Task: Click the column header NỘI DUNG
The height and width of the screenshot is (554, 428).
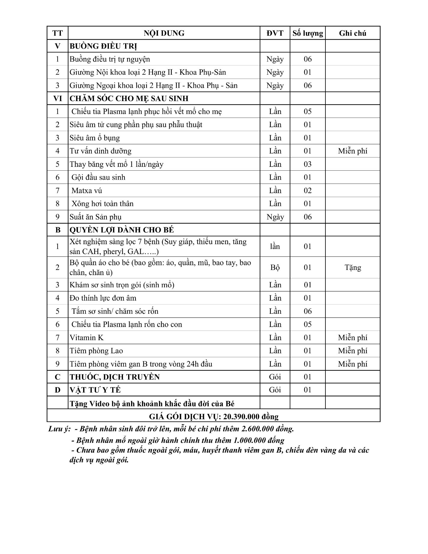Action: (x=164, y=33)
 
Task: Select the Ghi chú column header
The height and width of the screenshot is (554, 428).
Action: (x=352, y=33)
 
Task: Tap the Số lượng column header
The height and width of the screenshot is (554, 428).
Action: (x=308, y=33)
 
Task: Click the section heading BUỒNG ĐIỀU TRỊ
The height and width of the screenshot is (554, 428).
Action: (x=103, y=46)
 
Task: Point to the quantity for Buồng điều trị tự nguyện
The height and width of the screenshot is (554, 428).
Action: (x=308, y=59)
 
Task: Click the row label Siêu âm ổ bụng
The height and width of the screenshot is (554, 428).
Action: (x=94, y=138)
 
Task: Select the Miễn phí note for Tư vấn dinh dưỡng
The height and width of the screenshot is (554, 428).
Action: (x=352, y=151)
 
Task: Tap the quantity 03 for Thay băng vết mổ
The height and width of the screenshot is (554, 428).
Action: (x=308, y=164)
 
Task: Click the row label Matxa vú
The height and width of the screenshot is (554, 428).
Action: (x=87, y=190)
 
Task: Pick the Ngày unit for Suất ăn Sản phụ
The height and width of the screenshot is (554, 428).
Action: (x=275, y=217)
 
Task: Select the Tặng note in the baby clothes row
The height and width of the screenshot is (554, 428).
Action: (x=353, y=267)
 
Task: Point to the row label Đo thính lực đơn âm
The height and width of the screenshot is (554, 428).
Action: (x=103, y=298)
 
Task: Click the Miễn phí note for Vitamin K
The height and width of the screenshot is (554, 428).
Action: (x=352, y=338)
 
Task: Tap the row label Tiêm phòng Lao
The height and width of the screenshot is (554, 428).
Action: (x=96, y=351)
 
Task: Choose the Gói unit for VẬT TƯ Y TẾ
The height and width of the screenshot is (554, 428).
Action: (x=275, y=390)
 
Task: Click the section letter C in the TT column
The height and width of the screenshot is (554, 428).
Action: (x=58, y=377)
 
